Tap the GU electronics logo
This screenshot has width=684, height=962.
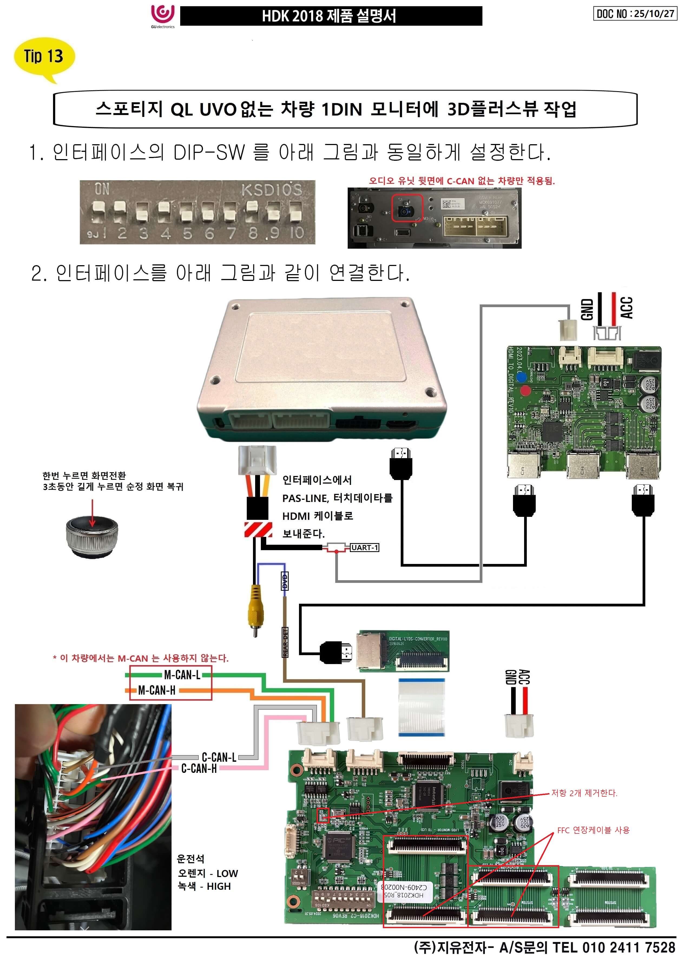point(163,16)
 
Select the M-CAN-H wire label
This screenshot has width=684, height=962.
point(157,690)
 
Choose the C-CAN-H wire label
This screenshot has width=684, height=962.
point(199,769)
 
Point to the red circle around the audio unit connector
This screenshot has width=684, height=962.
point(407,208)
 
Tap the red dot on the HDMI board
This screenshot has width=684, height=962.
point(525,390)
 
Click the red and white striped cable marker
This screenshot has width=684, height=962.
point(258,529)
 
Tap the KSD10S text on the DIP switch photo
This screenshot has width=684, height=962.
point(272,191)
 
